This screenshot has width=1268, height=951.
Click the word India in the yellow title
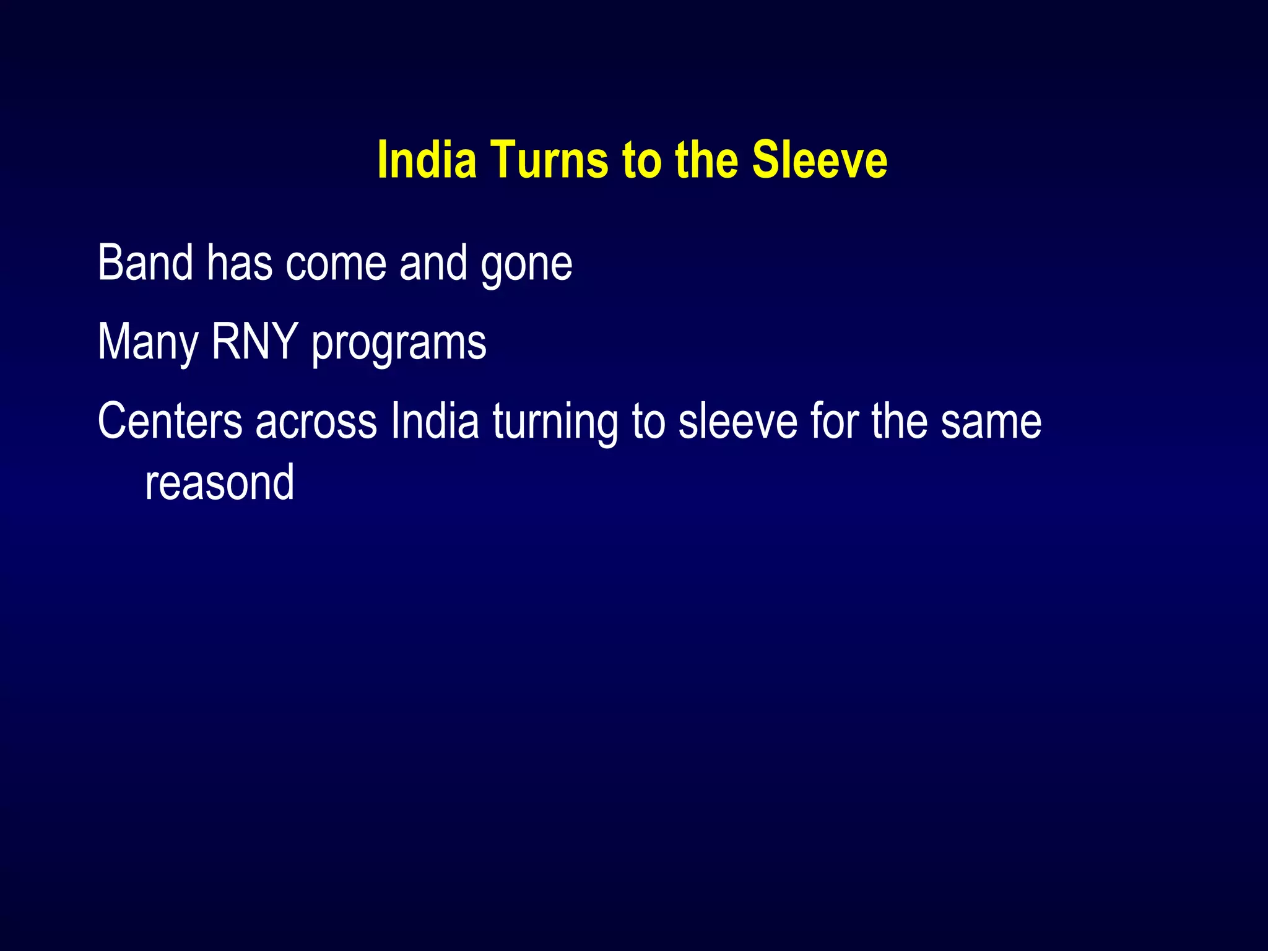[427, 160]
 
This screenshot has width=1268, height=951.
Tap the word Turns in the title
[550, 160]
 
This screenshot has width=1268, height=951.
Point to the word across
[316, 423]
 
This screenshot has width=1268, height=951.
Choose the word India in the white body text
[435, 422]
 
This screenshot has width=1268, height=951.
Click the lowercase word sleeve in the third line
[737, 422]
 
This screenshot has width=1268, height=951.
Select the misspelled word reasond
[219, 484]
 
